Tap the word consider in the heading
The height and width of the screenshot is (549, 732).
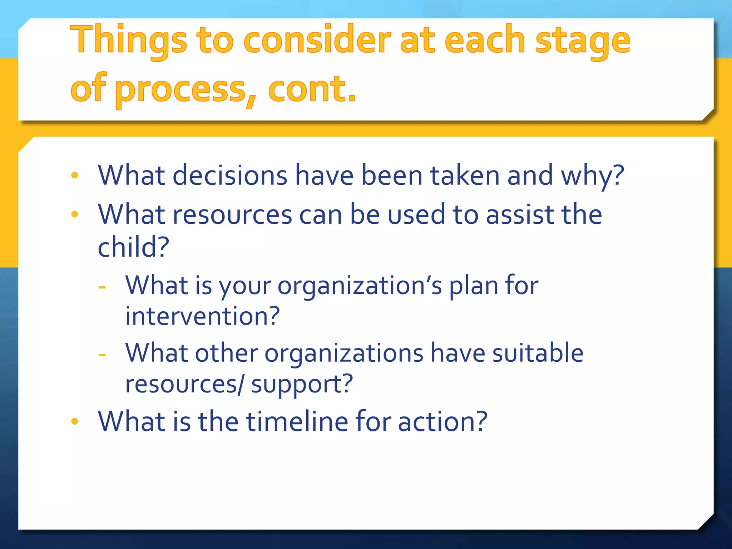[x=317, y=40]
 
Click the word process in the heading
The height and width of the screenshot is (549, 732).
[x=180, y=89]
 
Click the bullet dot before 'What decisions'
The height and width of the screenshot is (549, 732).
[x=75, y=175]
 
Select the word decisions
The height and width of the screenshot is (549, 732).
[x=230, y=175]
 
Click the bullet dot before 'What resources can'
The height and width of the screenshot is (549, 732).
[x=75, y=214]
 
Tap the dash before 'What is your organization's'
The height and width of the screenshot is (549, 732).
[x=102, y=287]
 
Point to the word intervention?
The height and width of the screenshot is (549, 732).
[x=202, y=316]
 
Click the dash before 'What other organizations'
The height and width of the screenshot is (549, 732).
[x=102, y=355]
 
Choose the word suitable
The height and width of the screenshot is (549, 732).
[x=538, y=353]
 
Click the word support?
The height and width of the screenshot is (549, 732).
[x=302, y=384]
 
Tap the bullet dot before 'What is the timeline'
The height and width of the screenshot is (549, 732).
[x=75, y=421]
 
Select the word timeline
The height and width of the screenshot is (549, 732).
[x=297, y=421]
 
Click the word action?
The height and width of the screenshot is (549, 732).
[x=442, y=421]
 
